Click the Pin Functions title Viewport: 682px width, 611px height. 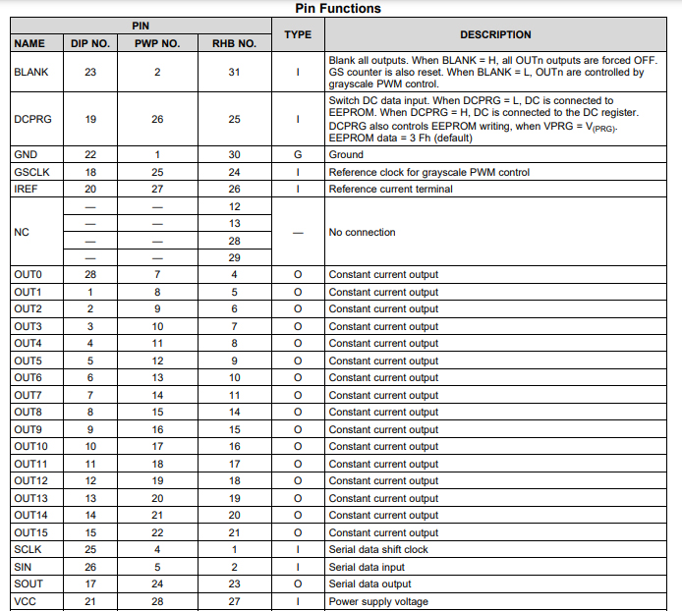pos(338,8)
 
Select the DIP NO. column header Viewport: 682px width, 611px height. pos(90,44)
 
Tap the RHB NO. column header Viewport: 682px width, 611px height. pos(234,44)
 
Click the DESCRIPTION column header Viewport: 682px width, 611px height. pos(495,34)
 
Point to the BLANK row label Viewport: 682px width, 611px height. pos(31,72)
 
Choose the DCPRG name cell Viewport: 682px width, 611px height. pos(33,120)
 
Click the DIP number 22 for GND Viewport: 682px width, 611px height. pos(90,155)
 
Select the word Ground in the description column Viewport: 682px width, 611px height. pos(346,155)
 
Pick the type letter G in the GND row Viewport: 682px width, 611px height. pos(298,155)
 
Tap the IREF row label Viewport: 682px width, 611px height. pos(27,190)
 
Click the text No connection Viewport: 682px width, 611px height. pos(363,233)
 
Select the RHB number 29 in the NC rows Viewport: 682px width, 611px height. pos(234,258)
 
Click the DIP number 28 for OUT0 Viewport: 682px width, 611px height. pos(90,275)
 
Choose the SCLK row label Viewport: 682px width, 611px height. pos(28,550)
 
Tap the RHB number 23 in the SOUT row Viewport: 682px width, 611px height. pos(234,584)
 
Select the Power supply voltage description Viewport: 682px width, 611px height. pos(379,602)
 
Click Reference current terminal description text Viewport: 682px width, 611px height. pos(390,190)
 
